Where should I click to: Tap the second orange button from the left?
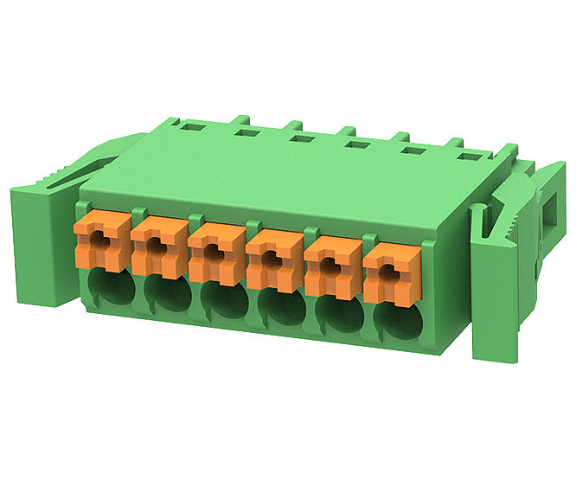tap(157, 247)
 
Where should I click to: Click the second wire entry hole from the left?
tap(167, 294)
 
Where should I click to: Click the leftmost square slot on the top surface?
tap(189, 127)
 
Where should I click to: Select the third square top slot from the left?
tap(300, 138)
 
